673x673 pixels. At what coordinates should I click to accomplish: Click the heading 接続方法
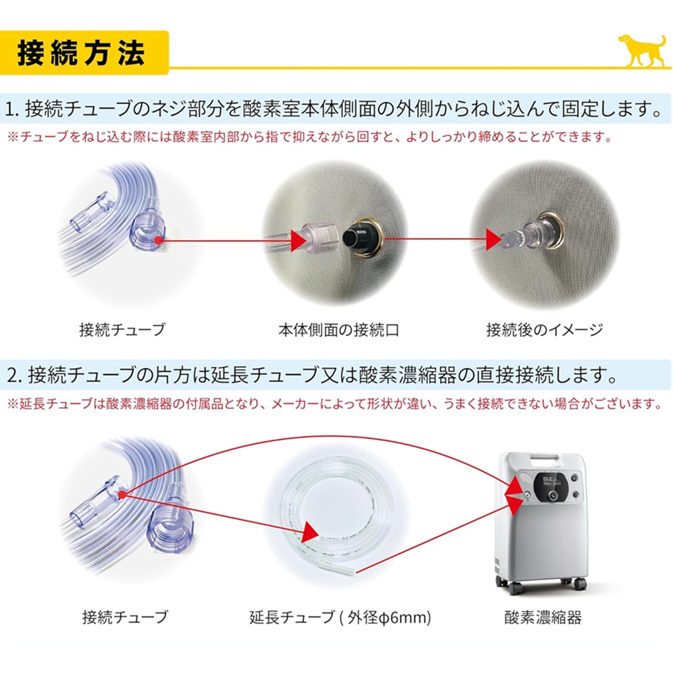(81, 53)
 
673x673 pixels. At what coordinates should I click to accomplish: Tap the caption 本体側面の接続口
(339, 330)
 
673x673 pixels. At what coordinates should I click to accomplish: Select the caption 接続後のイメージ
(545, 330)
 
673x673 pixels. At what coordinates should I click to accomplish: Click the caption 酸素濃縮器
(543, 617)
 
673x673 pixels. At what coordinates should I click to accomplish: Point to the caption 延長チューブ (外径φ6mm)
(340, 617)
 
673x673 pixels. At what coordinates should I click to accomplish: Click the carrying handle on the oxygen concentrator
(544, 461)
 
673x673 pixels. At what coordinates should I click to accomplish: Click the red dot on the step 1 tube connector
(158, 240)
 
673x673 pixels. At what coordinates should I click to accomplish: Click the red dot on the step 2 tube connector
(122, 495)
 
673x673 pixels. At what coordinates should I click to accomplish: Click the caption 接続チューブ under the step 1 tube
(122, 330)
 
